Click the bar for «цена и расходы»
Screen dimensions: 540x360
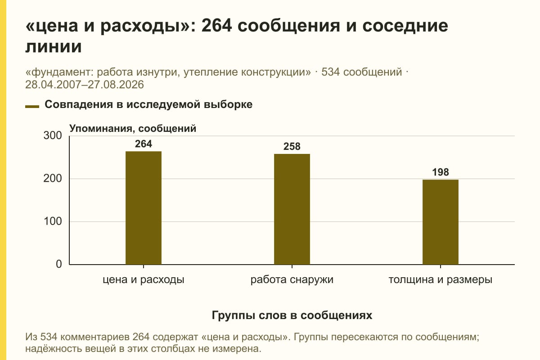pyautogui.click(x=144, y=208)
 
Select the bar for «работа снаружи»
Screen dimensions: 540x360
pyautogui.click(x=292, y=209)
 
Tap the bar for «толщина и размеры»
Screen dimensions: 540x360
pyautogui.click(x=441, y=222)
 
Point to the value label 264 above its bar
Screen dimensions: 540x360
pyautogui.click(x=144, y=144)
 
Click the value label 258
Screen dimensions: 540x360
pyautogui.click(x=292, y=146)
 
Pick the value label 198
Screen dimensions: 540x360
pyautogui.click(x=441, y=172)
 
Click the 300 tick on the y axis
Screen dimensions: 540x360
pyautogui.click(x=53, y=135)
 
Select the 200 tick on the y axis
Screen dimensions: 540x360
pyautogui.click(x=53, y=179)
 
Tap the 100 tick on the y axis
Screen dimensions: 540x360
pyautogui.click(x=53, y=221)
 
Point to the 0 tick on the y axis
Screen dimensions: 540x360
pyautogui.click(x=59, y=264)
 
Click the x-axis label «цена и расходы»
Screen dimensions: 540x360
pyautogui.click(x=144, y=280)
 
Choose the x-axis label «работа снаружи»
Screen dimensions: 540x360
pyautogui.click(x=292, y=280)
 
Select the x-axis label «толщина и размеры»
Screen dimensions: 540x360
pyautogui.click(x=441, y=280)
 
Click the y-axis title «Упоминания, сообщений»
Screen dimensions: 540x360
pyautogui.click(x=133, y=129)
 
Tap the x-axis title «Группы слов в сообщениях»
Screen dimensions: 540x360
pyautogui.click(x=292, y=315)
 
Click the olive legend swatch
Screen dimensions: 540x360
pyautogui.click(x=32, y=107)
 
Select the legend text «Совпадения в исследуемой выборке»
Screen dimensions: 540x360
pyautogui.click(x=148, y=104)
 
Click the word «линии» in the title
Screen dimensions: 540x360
pyautogui.click(x=54, y=46)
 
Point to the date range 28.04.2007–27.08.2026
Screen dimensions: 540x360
pyautogui.click(x=85, y=85)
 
